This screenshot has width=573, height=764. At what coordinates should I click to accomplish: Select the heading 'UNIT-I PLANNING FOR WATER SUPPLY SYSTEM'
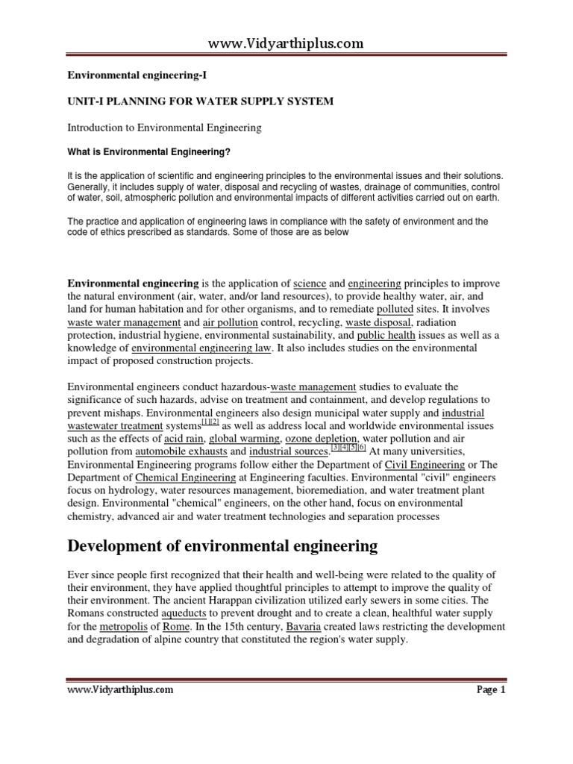(x=201, y=101)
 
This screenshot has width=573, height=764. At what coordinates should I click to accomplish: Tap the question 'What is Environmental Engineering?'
(x=148, y=152)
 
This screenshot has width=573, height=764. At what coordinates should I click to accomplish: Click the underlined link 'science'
(x=310, y=284)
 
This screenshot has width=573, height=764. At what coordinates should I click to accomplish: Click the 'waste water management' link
(x=124, y=322)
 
